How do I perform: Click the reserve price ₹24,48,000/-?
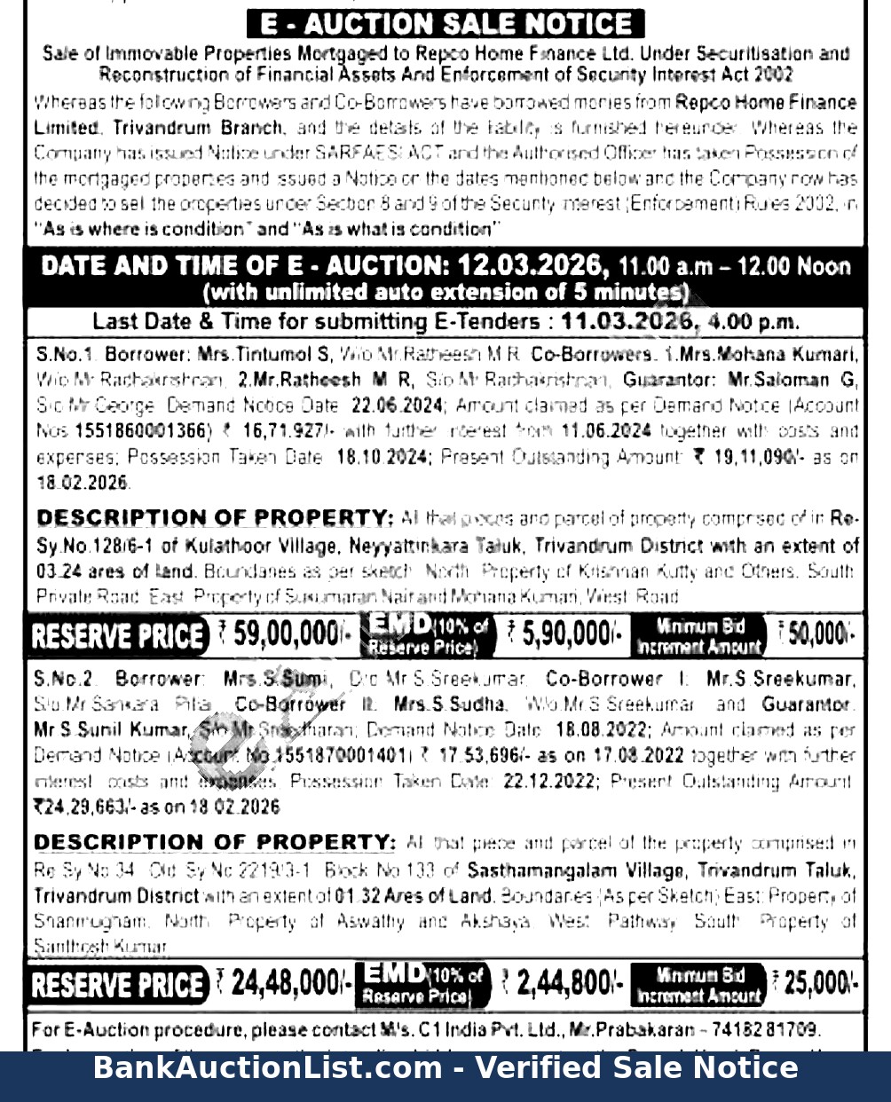(x=285, y=983)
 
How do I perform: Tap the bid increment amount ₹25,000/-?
(x=814, y=983)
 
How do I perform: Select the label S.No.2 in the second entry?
(x=64, y=679)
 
